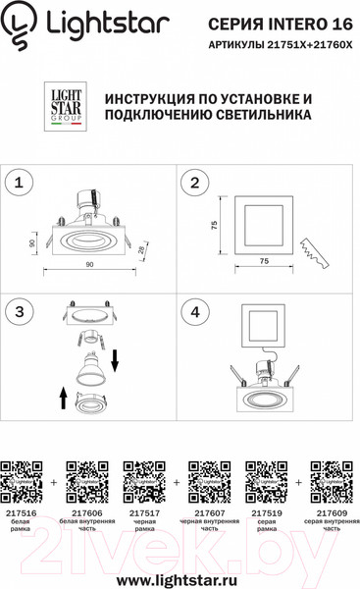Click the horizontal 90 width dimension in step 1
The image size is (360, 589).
(89, 265)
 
